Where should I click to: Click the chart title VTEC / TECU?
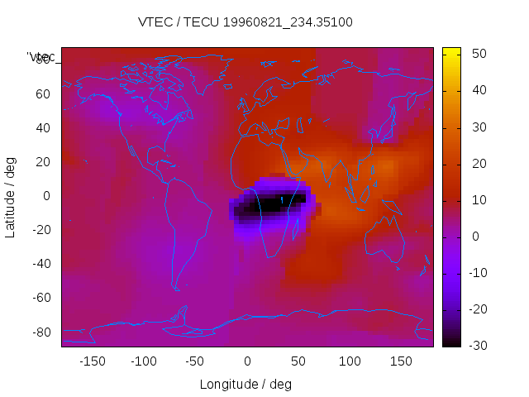(x=245, y=22)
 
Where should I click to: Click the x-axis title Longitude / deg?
(x=245, y=384)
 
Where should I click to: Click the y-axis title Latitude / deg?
(x=11, y=196)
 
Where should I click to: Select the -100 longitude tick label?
(x=143, y=361)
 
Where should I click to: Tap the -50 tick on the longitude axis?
(x=195, y=361)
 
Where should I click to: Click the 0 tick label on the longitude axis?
(x=247, y=361)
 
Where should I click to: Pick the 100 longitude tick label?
(x=350, y=361)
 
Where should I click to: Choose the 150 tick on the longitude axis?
(x=401, y=361)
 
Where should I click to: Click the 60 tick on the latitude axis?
(x=43, y=94)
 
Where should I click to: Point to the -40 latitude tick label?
(x=40, y=264)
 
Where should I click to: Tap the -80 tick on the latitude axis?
(x=40, y=332)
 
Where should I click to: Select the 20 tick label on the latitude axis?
(x=43, y=162)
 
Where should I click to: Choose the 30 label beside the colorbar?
(x=479, y=127)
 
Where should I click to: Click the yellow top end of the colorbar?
(x=451, y=52)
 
